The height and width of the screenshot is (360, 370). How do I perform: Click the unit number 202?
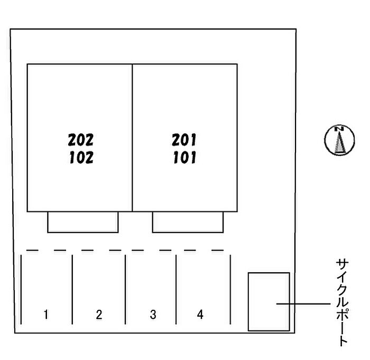coord(80,140)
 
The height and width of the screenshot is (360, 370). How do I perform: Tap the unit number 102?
coord(80,158)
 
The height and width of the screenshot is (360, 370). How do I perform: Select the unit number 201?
coord(184,140)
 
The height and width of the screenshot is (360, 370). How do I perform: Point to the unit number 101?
coord(184,158)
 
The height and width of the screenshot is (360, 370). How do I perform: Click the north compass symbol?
coord(338,140)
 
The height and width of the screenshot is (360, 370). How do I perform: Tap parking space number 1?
coord(46,315)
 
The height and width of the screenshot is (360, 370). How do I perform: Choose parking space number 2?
coord(99,315)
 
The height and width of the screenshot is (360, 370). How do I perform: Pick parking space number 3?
coord(153,315)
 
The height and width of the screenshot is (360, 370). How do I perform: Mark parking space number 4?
coord(200,315)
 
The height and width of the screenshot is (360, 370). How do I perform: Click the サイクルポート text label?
coord(342,302)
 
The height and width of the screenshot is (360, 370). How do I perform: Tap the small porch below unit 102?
coord(82,222)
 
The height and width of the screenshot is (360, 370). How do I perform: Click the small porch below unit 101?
coord(188,222)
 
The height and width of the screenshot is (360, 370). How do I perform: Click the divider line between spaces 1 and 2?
coord(72,289)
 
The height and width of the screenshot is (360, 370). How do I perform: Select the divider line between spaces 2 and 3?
coord(125,289)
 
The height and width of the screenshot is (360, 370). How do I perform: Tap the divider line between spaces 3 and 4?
coord(176,289)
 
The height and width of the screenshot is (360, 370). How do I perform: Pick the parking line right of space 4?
coord(230,289)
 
